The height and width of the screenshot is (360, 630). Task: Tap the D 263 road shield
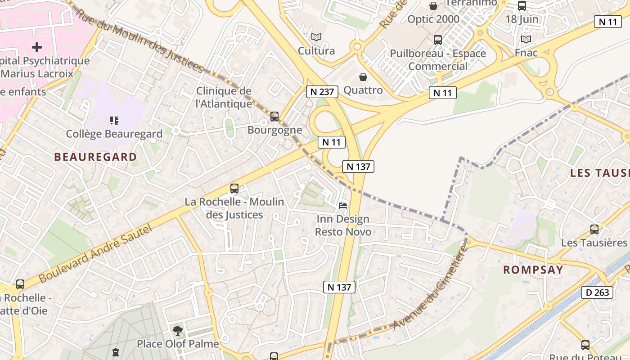click(x=597, y=292)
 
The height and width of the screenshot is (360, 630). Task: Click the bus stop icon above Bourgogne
click(x=274, y=117)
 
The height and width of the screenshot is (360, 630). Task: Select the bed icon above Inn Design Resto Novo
click(x=343, y=206)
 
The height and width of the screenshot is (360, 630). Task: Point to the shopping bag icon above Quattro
click(x=363, y=77)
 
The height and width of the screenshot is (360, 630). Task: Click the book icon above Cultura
click(x=316, y=37)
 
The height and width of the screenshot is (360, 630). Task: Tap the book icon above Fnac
click(x=526, y=39)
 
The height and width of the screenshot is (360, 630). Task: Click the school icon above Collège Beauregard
click(x=114, y=120)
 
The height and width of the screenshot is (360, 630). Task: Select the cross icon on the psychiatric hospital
click(x=37, y=47)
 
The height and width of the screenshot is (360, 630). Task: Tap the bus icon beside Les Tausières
click(x=594, y=229)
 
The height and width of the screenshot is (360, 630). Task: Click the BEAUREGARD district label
click(x=95, y=157)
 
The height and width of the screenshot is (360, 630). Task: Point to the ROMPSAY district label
click(x=533, y=270)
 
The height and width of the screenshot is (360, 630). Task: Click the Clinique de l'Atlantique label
click(x=224, y=97)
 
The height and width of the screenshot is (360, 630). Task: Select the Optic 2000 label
click(x=433, y=19)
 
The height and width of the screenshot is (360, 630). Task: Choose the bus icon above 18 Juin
click(x=522, y=6)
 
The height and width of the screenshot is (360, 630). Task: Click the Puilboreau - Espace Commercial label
click(x=438, y=60)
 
